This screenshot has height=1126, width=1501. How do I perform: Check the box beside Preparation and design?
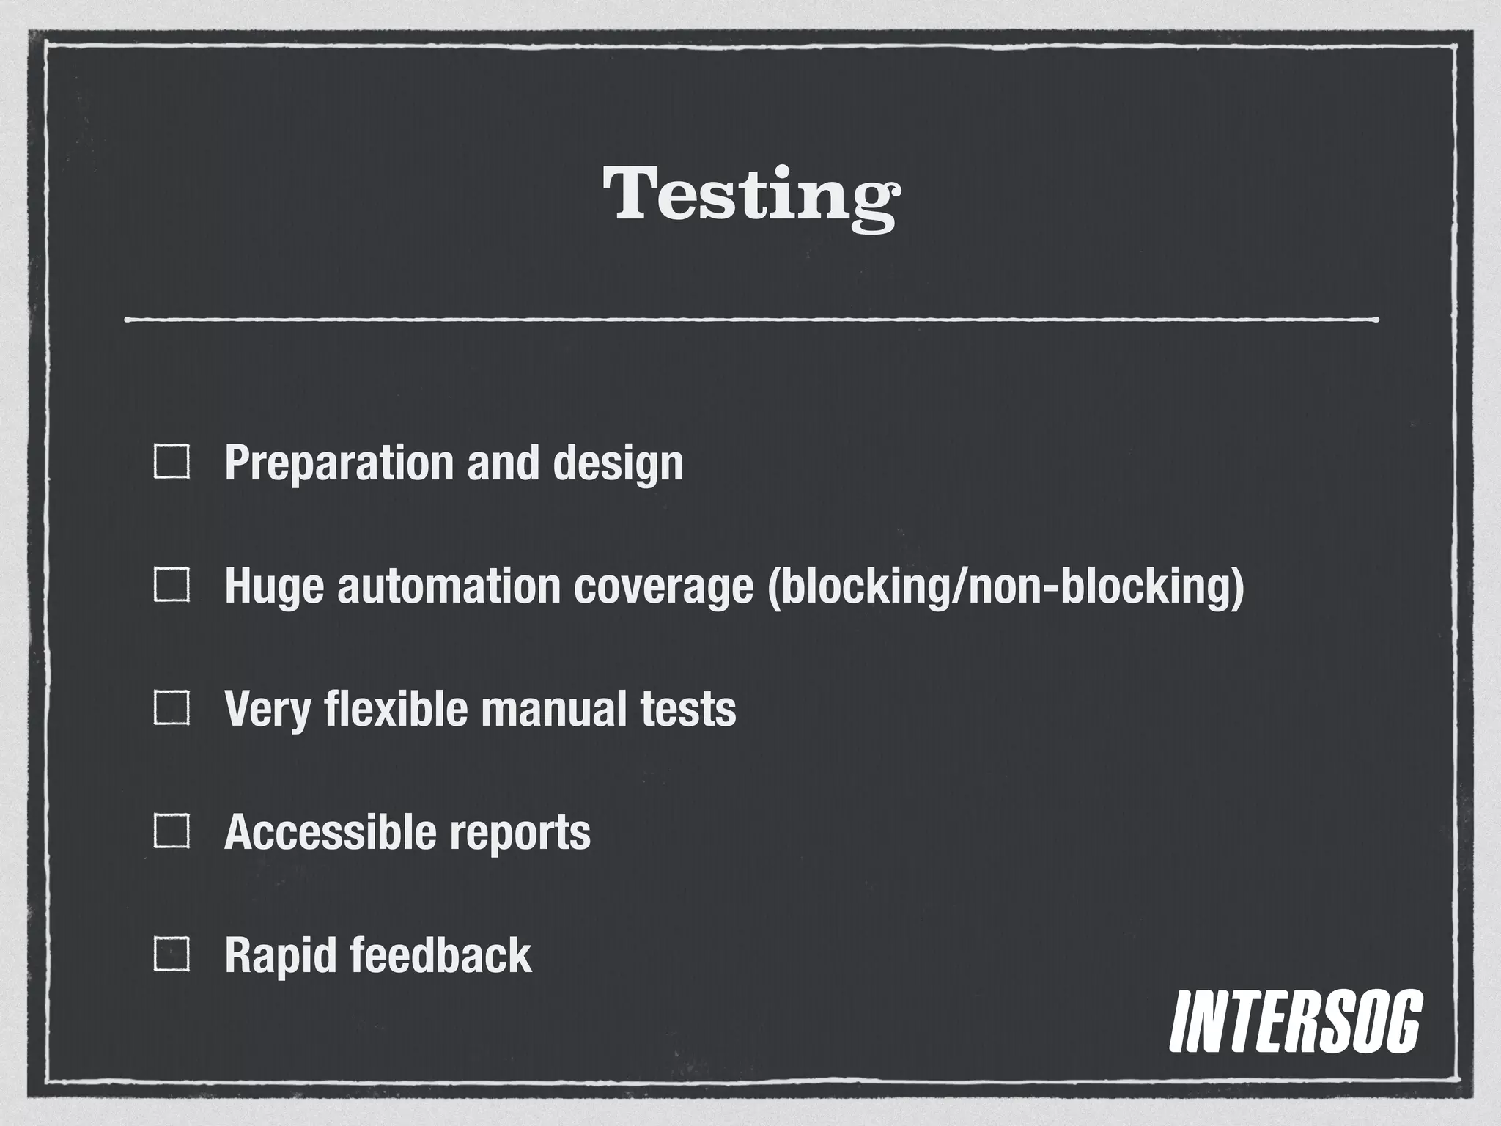(x=172, y=463)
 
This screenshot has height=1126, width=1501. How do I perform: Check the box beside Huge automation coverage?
(x=172, y=586)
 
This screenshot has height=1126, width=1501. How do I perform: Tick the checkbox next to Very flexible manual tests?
(x=172, y=708)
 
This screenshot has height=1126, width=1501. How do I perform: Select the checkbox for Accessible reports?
(x=172, y=831)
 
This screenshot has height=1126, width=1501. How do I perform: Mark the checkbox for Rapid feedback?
(x=172, y=954)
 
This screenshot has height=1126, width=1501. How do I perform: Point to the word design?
(x=617, y=464)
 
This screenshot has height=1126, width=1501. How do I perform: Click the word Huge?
(x=273, y=588)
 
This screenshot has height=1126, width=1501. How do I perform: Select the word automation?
(x=449, y=586)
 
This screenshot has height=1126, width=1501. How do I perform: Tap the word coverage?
(x=663, y=588)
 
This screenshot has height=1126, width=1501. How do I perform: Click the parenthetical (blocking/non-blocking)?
(x=1006, y=588)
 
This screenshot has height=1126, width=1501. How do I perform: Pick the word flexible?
(x=395, y=709)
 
